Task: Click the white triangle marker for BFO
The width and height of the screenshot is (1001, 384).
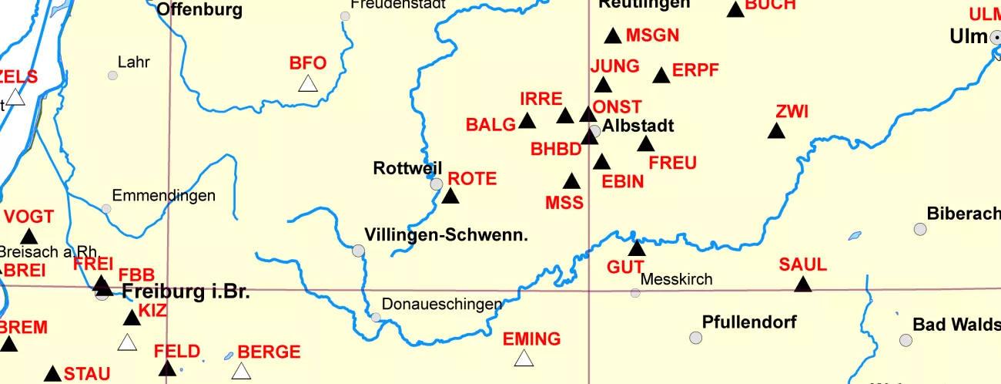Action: pos(308,84)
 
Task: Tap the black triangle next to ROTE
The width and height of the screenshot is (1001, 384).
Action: pos(450,196)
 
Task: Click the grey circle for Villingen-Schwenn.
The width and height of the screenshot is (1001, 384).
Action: pos(358,251)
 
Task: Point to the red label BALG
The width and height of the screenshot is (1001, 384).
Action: pos(490,125)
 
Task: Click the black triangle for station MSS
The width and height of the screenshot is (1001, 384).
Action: pos(571,182)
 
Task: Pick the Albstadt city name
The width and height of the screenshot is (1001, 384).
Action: pos(638,126)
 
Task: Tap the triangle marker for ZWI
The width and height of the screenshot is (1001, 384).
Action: pos(776,131)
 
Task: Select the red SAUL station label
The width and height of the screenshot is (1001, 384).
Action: pos(802,264)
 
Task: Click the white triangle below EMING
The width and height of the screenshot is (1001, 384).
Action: pos(524,359)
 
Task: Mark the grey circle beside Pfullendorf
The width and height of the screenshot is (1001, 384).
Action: pos(696,338)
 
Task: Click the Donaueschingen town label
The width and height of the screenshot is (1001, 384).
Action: pos(442,305)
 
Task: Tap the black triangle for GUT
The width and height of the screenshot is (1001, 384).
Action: pos(636,248)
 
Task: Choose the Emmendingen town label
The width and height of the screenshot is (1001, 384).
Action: pos(164,196)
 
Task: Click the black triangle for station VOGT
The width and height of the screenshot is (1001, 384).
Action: pos(29,237)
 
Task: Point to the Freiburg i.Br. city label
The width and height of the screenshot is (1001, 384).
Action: pos(186,292)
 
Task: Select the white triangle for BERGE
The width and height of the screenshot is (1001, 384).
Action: pos(242,372)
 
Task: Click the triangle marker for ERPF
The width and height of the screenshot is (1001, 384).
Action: pos(661,76)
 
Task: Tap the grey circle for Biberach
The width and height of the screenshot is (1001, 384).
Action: pos(920,229)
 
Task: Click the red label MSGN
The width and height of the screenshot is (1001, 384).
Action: pos(653,35)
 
